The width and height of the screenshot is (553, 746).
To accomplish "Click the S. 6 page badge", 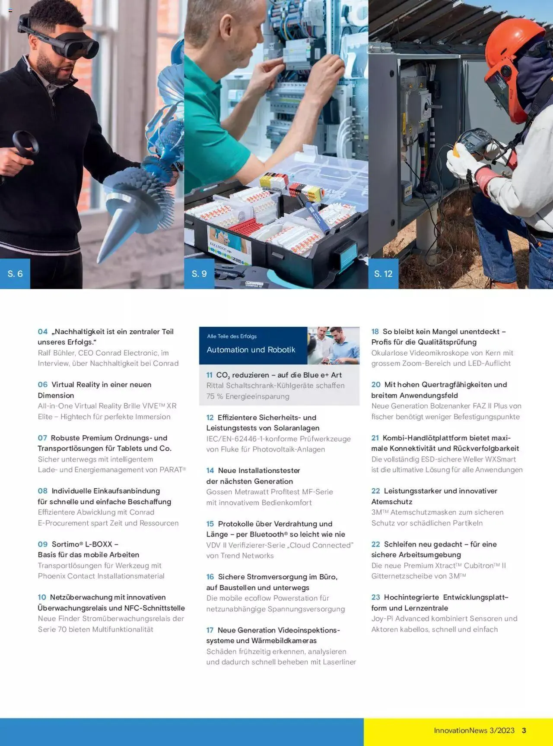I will (x=15, y=274).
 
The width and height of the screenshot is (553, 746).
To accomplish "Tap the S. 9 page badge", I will (x=199, y=274).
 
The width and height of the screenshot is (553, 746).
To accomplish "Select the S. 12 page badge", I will (x=383, y=274).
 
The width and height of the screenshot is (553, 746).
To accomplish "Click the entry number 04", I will (x=42, y=332).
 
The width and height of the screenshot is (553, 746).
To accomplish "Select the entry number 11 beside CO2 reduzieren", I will (x=209, y=375).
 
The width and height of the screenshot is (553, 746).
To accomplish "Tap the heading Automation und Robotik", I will (x=251, y=350).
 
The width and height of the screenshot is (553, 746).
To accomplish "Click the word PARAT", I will (x=171, y=470).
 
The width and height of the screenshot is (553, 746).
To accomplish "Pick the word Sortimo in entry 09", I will (x=65, y=544).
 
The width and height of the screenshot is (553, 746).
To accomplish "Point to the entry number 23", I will (x=375, y=597).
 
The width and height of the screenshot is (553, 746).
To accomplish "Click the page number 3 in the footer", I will (x=524, y=730).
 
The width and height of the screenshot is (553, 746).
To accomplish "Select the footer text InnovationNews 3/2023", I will (x=474, y=730).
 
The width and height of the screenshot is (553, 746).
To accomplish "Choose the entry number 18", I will (x=375, y=332).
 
